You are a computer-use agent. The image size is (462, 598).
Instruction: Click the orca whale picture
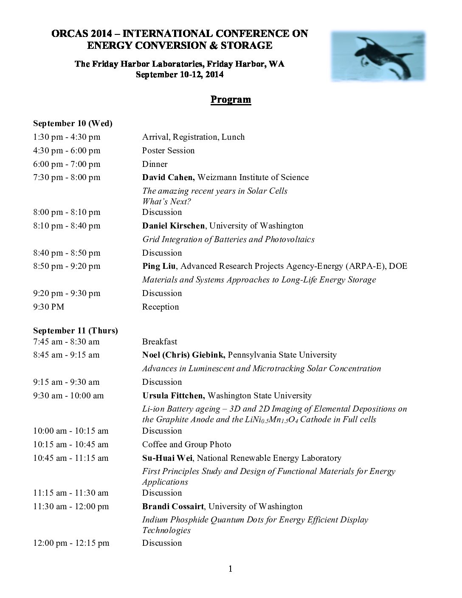tap(378, 56)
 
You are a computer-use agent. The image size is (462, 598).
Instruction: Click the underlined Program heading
tap(231, 100)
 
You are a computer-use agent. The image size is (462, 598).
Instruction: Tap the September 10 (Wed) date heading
tap(73, 124)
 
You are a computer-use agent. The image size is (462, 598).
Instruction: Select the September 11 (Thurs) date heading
tap(76, 330)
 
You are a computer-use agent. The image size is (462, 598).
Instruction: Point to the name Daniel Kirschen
tap(173, 226)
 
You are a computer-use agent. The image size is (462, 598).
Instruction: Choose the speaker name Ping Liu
tap(159, 266)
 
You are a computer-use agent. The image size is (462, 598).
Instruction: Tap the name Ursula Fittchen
tap(173, 396)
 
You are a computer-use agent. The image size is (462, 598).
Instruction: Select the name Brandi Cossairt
tap(173, 507)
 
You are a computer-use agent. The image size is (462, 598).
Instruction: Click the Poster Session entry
tap(168, 151)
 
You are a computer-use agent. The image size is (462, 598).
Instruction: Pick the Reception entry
tap(161, 307)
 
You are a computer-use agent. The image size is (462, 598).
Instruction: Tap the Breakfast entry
tap(160, 342)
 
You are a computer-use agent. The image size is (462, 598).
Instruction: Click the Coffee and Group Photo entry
tap(186, 445)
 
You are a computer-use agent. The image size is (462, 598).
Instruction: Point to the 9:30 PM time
tap(49, 307)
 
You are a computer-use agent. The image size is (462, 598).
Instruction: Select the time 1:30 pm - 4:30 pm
tap(67, 137)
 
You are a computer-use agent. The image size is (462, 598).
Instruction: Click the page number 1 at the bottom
tap(231, 570)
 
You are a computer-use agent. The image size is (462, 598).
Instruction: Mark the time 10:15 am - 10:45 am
tap(71, 445)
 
